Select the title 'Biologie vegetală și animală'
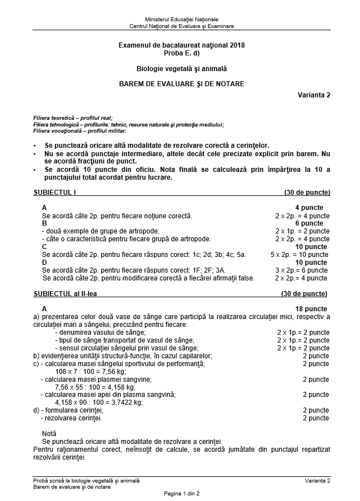[x=181, y=68]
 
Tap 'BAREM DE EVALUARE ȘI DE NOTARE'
[x=181, y=84]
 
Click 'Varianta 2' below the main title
[x=314, y=95]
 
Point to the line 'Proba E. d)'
[x=181, y=53]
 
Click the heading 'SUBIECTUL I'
[x=54, y=193]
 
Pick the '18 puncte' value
[x=311, y=308]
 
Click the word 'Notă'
[x=49, y=433]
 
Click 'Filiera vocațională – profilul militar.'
[x=80, y=131]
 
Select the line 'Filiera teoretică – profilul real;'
[x=73, y=118]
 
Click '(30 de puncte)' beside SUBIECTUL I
[x=307, y=193]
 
